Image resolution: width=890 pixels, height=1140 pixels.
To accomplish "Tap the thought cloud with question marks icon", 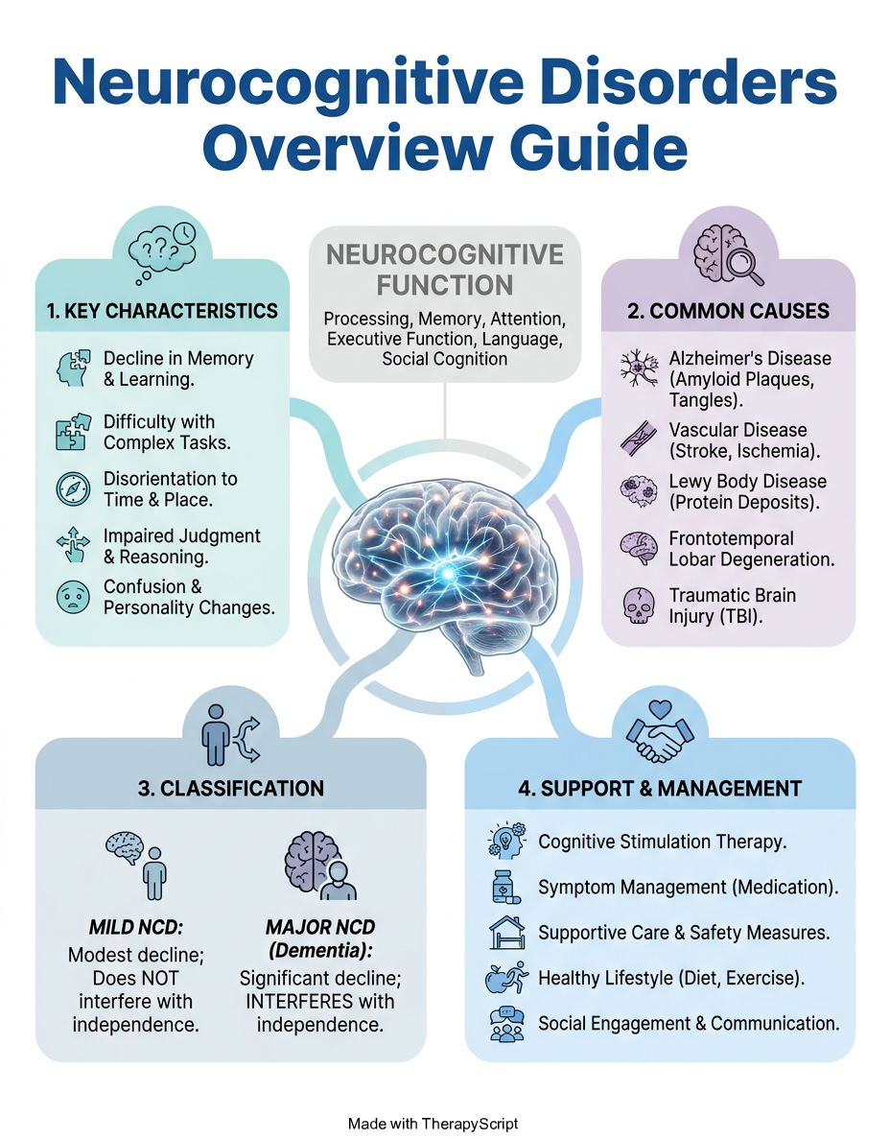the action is [163, 251].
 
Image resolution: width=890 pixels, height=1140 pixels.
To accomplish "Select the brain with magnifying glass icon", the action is [728, 253].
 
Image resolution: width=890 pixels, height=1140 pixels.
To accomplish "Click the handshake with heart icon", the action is [660, 730].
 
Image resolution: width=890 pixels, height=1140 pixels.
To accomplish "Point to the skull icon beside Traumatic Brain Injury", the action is [639, 606].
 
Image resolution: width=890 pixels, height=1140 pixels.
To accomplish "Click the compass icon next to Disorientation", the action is [74, 488].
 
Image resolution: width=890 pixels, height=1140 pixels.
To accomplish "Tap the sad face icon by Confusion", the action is [74, 597].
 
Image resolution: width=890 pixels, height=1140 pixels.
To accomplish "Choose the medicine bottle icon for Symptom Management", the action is [506, 887].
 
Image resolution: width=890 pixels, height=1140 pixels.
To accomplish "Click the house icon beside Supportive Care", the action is [507, 933].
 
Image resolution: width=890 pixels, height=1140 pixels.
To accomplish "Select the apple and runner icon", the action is [506, 978].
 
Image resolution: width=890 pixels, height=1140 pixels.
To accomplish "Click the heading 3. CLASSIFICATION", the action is [231, 788].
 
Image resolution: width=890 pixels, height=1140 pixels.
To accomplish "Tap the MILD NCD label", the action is [136, 927].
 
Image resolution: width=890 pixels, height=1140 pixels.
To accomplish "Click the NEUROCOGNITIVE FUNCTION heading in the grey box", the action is [445, 270].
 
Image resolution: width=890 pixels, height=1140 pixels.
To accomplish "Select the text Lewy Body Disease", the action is [748, 482].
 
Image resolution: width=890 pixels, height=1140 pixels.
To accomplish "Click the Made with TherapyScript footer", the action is [433, 1124].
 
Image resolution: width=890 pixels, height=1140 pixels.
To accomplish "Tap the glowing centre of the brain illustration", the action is [448, 573].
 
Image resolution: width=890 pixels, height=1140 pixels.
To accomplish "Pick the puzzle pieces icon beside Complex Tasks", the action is [74, 432].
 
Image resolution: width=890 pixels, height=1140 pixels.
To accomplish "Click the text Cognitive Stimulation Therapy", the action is [662, 842].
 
